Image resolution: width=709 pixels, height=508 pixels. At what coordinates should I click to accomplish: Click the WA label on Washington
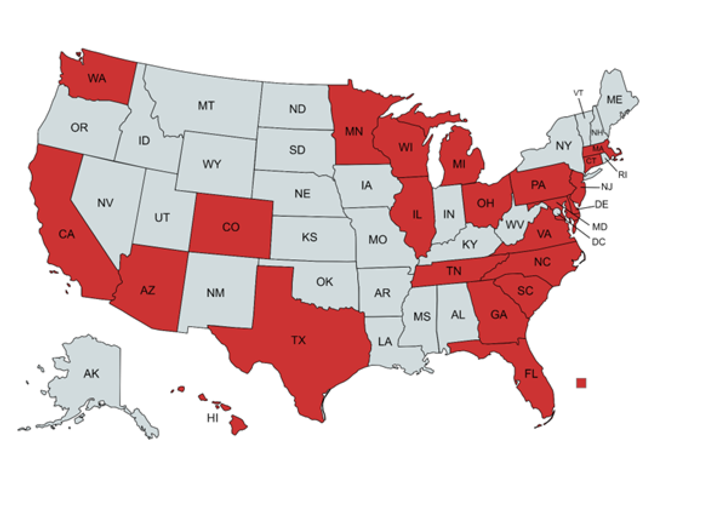point(97,78)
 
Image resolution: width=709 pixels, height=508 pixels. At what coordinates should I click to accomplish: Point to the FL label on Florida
point(531,374)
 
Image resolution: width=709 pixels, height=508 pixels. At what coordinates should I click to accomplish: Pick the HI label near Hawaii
point(213,418)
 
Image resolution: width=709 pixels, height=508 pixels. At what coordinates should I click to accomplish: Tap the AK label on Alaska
point(91,373)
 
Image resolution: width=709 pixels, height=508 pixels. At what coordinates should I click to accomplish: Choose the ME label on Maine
point(614,100)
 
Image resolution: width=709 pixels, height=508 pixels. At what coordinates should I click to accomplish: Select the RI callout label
point(622,175)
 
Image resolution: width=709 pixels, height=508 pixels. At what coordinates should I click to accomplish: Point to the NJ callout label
point(607,187)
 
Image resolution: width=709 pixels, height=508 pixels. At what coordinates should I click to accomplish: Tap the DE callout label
point(601,205)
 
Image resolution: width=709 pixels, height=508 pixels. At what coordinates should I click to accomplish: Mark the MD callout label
point(600,227)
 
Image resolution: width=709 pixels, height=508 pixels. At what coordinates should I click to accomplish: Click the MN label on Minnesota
point(354,131)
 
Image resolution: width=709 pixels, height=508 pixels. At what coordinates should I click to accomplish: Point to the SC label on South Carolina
point(525,291)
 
